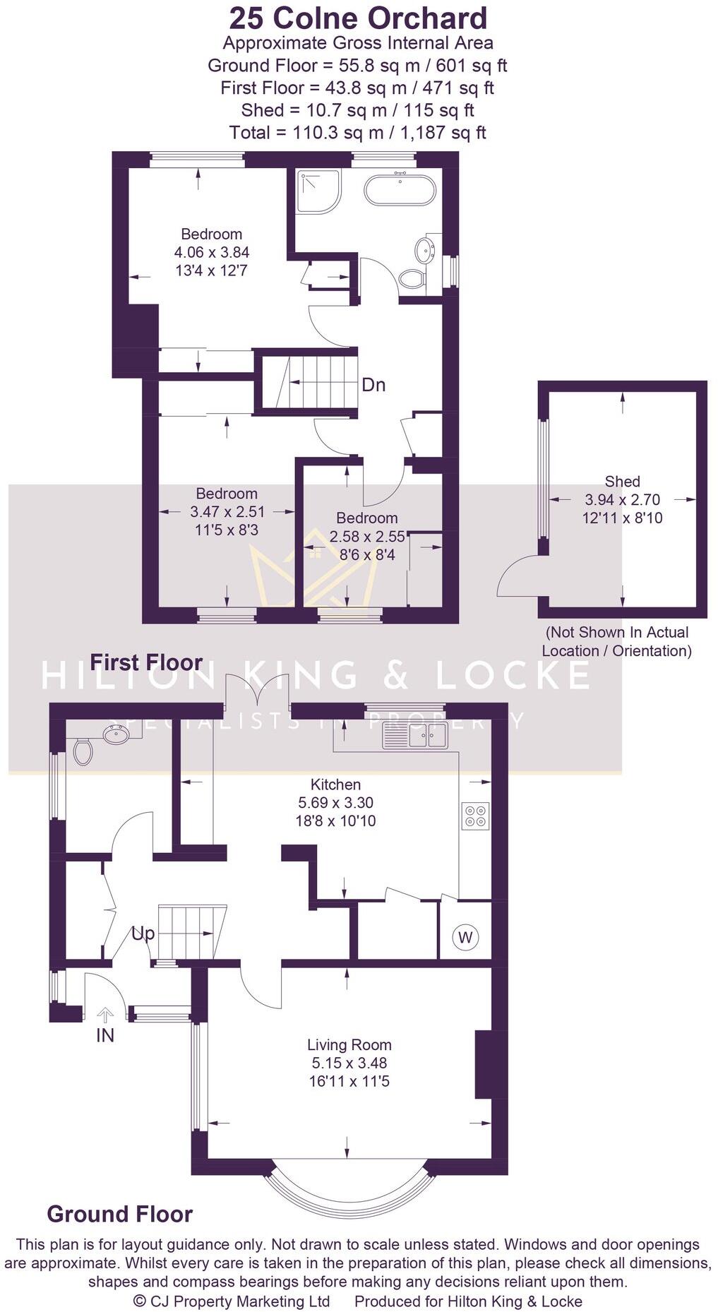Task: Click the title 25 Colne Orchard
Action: [x=358, y=18]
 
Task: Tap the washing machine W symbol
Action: [x=465, y=937]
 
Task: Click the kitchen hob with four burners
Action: [x=475, y=816]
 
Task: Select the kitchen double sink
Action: [x=415, y=735]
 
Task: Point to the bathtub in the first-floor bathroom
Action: [x=400, y=189]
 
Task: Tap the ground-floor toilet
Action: [x=83, y=751]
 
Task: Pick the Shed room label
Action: [x=622, y=482]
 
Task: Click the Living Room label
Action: [x=349, y=1044]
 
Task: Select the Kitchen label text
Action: [x=335, y=784]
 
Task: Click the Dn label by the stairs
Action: [x=373, y=385]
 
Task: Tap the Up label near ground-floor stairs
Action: [x=143, y=934]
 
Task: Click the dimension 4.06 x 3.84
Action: [x=211, y=252]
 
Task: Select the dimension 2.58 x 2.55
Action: [x=367, y=537]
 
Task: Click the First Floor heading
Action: [x=146, y=662]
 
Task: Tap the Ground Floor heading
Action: [x=119, y=1215]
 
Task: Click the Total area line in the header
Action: [x=357, y=132]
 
